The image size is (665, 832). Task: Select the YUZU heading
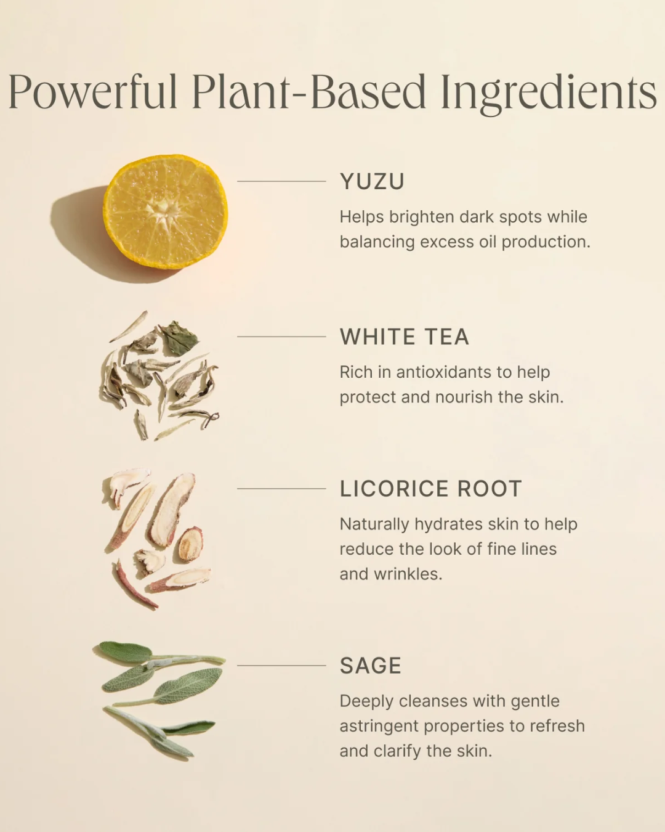pos(372,181)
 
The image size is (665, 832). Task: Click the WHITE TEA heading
pos(405,336)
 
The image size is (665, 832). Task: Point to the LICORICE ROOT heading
pos(431,489)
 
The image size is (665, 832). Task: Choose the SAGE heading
pos(371,666)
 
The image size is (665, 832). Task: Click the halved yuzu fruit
pos(166,212)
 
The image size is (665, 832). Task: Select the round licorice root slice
pos(190,544)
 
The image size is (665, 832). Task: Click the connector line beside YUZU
pos(281,181)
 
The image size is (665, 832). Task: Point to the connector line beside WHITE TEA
pos(281,336)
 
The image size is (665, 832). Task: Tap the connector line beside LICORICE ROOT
pos(281,489)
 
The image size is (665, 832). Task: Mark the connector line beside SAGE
pos(281,666)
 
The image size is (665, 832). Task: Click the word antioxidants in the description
pos(443,372)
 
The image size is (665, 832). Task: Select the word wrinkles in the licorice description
pos(408,574)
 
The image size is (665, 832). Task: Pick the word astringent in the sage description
pos(379,727)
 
